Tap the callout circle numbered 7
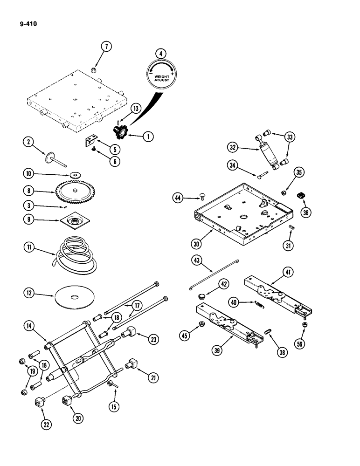(107, 47)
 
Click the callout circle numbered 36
(305, 212)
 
